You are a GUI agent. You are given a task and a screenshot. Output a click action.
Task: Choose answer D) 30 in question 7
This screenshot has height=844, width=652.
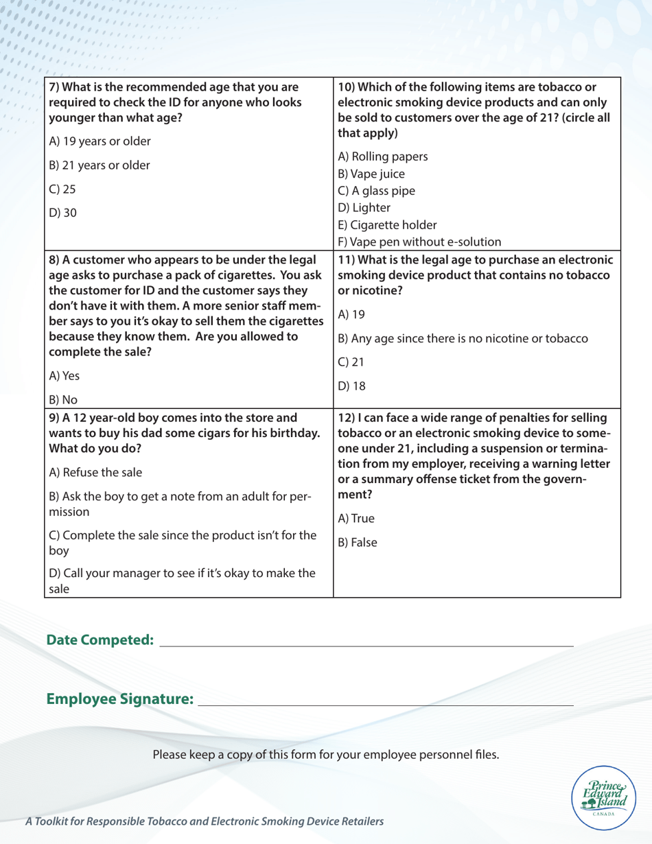[x=62, y=213]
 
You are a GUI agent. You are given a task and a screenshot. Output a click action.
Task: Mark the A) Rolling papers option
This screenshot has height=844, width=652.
[x=381, y=155]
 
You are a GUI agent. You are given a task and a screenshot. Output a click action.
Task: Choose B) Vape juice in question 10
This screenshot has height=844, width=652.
[x=374, y=172]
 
